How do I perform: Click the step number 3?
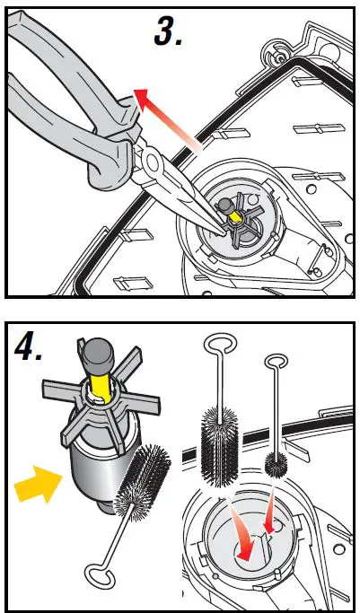[167, 31]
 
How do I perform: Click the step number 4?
[28, 349]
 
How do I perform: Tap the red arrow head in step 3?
[143, 99]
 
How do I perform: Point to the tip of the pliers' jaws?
[224, 233]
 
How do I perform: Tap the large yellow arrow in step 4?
[38, 484]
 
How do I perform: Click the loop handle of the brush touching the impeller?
[99, 575]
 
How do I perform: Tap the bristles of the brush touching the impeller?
[142, 483]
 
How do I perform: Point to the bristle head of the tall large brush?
[220, 446]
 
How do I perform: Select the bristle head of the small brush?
[276, 464]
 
